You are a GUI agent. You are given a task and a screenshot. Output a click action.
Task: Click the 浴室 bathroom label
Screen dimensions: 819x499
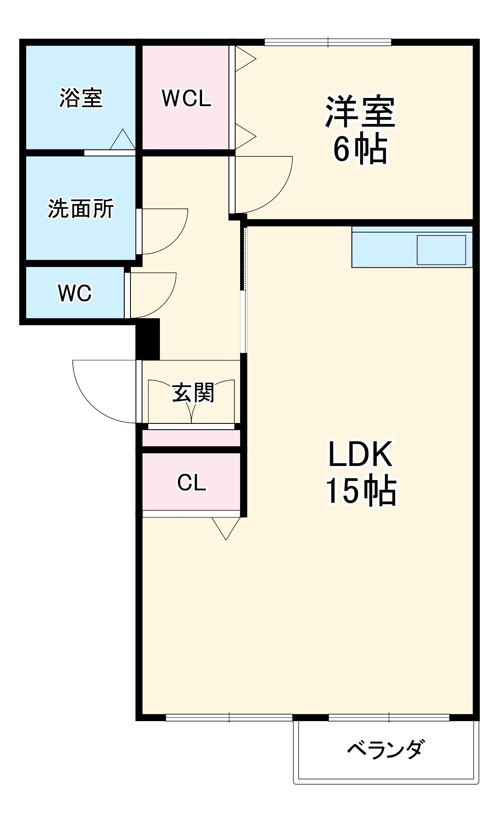[x=81, y=98]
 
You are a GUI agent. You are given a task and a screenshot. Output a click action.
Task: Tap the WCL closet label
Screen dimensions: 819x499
[x=187, y=98]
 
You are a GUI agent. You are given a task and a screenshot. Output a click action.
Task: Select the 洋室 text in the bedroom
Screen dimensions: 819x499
[x=360, y=111]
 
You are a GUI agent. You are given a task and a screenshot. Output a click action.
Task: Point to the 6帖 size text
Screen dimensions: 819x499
[x=360, y=149]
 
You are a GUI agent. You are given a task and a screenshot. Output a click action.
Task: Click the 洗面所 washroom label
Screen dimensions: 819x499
[x=81, y=209]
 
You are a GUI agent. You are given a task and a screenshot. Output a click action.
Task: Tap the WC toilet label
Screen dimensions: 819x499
[x=75, y=293]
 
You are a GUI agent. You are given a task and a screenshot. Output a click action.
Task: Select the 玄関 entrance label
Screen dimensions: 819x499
[x=193, y=393]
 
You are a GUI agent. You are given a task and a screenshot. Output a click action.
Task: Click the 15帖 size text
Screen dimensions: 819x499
[x=360, y=491]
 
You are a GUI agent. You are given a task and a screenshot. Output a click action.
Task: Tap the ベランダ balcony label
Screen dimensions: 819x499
[x=386, y=749]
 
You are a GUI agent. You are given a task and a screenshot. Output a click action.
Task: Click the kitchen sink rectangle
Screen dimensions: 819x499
[x=441, y=250]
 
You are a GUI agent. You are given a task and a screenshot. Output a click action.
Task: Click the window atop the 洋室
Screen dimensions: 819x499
[x=328, y=42]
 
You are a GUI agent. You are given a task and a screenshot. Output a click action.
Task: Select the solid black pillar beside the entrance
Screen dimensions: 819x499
[x=148, y=339]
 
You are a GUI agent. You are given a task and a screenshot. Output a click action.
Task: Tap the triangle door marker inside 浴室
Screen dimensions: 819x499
[x=122, y=140]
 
